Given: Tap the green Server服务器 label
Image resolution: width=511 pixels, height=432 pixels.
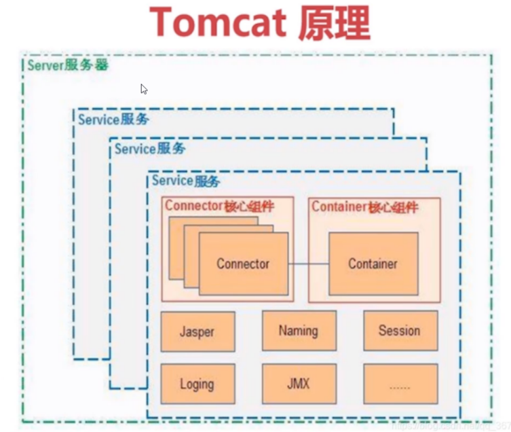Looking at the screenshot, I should click(67, 66).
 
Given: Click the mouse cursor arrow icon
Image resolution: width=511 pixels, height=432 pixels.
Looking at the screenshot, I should click(144, 89).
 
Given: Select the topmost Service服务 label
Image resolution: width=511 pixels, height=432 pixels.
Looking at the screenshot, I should click(113, 120).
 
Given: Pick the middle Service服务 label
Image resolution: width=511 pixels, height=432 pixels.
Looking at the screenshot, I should click(149, 149).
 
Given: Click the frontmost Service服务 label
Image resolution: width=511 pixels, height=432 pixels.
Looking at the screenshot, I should click(185, 181).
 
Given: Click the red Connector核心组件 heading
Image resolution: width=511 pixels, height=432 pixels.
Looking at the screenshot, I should click(219, 206).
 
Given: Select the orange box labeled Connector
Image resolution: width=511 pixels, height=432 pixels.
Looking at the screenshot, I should click(243, 264).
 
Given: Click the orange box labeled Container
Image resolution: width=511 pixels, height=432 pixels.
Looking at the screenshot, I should click(373, 264).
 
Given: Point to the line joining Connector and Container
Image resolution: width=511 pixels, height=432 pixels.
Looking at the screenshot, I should click(308, 264).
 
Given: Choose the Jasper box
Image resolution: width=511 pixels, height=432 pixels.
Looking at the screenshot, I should click(197, 331).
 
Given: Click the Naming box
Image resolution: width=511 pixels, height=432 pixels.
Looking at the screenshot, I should click(298, 331).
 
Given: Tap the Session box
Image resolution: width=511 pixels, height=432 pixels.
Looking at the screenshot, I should click(399, 331).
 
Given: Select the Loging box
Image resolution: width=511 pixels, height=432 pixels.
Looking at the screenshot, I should click(197, 384).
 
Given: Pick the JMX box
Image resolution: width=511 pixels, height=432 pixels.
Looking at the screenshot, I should click(298, 384).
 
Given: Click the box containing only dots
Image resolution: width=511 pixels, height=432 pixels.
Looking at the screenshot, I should click(399, 384).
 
